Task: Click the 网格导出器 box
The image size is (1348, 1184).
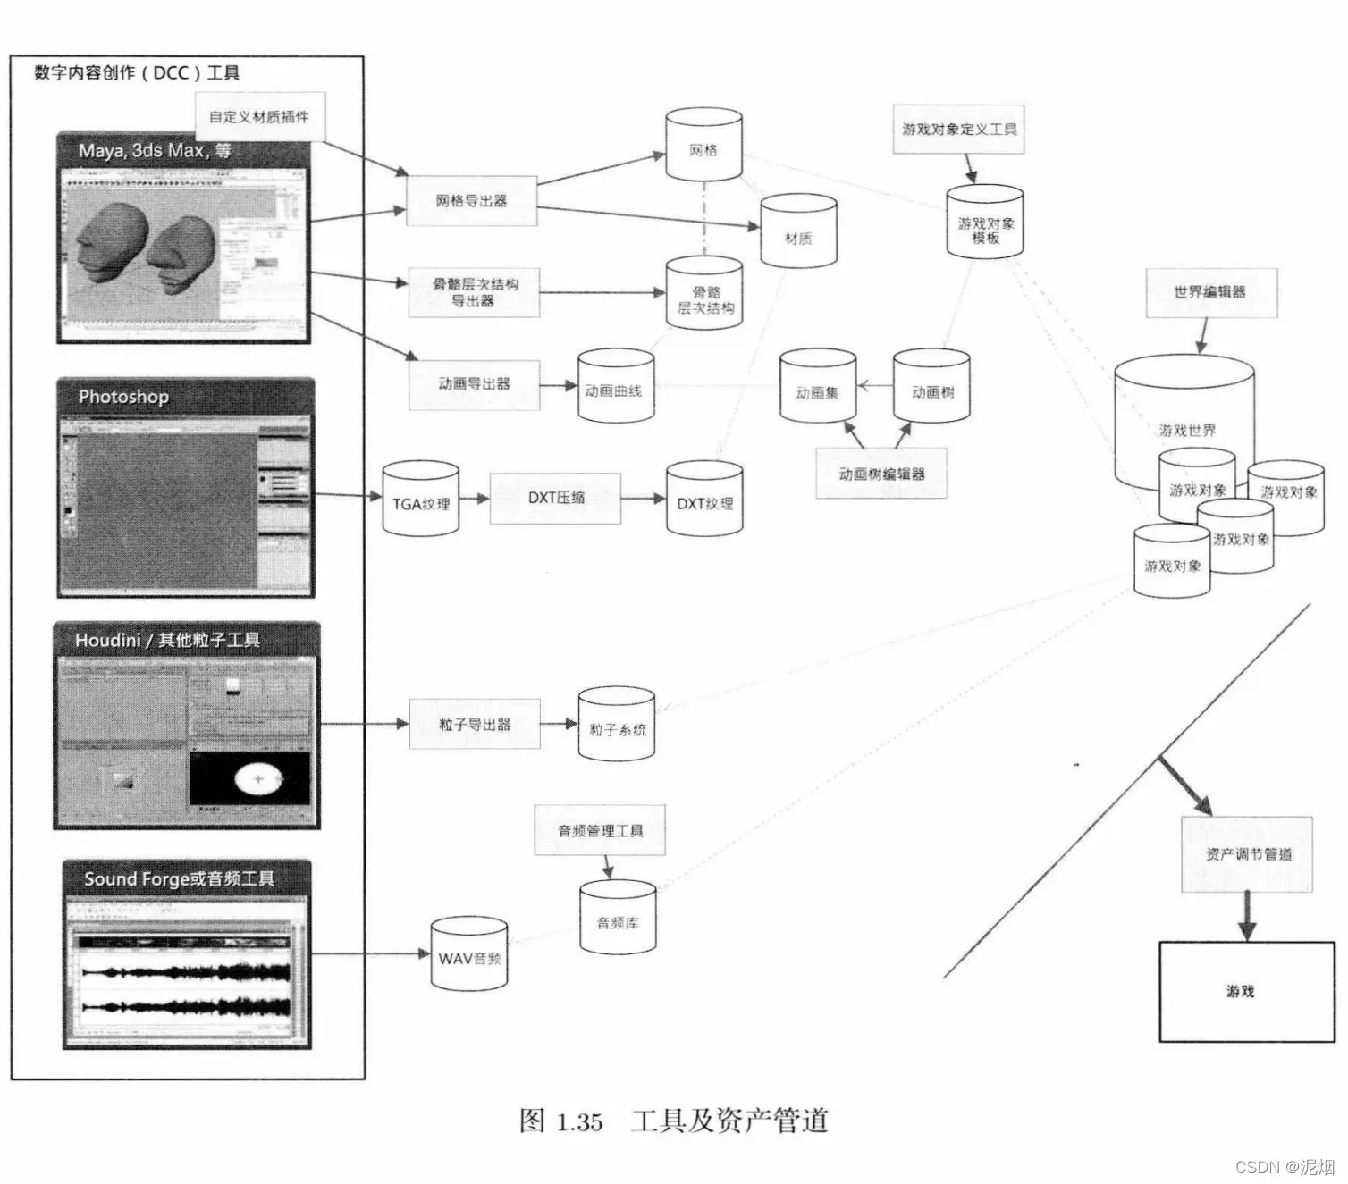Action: [472, 201]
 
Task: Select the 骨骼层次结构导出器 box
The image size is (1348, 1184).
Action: [474, 292]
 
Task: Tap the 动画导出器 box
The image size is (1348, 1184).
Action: [474, 384]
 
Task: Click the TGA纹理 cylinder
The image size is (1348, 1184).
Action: [421, 500]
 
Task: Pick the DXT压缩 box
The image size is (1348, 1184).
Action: [555, 498]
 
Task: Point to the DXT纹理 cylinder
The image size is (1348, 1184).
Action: [704, 500]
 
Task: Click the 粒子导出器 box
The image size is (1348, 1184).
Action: [474, 724]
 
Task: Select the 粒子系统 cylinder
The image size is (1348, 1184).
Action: [617, 726]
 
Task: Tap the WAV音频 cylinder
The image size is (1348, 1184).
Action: [469, 954]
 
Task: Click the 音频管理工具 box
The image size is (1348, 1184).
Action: [600, 830]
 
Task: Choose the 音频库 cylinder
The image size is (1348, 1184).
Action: [618, 918]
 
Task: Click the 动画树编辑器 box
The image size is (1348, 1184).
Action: [880, 474]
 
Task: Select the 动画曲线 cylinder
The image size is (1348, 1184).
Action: [615, 387]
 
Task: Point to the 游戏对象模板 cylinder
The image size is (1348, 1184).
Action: [985, 223]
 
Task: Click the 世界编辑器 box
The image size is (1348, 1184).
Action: [1211, 292]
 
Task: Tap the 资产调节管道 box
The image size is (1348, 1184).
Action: [1247, 854]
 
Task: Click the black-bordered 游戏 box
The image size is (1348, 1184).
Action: [1246, 991]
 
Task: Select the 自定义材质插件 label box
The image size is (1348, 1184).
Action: [259, 116]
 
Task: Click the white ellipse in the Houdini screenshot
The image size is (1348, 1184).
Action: [259, 779]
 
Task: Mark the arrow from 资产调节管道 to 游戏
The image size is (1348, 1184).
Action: [1247, 916]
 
